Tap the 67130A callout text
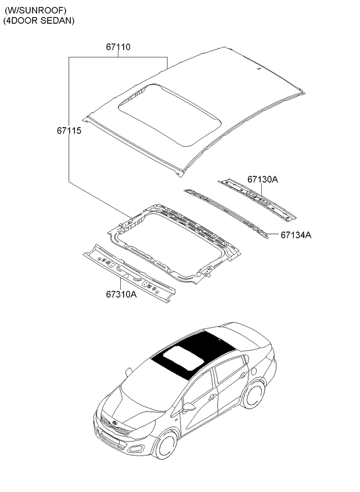pos(262,180)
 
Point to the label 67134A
pos(296,235)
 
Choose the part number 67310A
pos(121,294)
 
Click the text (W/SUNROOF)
pos(35,10)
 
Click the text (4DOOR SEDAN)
pos(39,21)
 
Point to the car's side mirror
pos(189,407)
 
